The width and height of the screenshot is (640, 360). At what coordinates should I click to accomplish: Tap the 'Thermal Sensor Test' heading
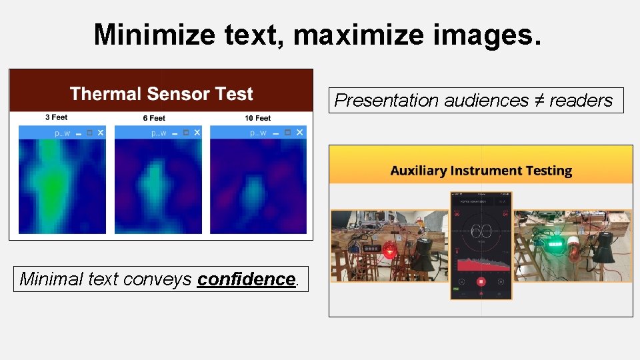(161, 94)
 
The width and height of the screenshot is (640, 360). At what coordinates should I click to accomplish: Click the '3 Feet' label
(56, 117)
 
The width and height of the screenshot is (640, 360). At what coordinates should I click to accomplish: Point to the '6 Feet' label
(154, 118)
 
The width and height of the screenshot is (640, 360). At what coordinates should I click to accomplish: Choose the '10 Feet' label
(257, 118)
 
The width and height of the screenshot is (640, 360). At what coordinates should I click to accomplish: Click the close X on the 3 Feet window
(101, 133)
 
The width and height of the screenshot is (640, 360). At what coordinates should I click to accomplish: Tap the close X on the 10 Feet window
(299, 133)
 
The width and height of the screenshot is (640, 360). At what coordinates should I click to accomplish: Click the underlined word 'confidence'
(246, 279)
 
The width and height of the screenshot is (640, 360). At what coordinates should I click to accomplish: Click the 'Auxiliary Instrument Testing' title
(481, 171)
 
